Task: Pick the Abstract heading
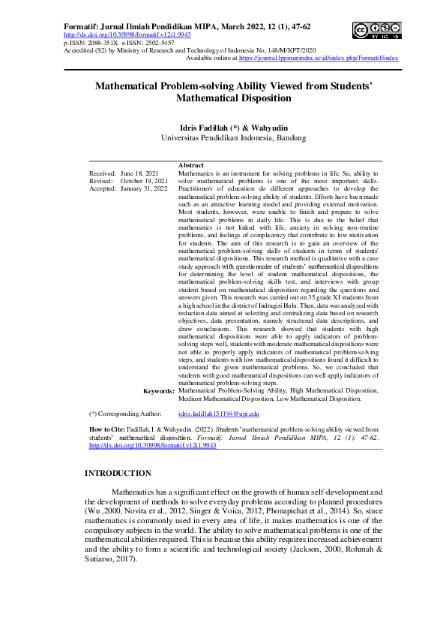pos(191,164)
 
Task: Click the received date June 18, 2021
pos(139,173)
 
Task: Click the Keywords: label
pos(158,391)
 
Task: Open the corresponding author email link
pos(218,414)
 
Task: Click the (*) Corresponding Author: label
pos(125,414)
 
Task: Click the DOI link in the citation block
pos(152,445)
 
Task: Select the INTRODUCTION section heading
pos(118,473)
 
